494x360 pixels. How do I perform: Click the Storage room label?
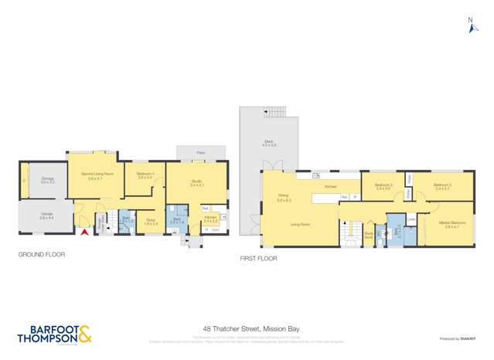[47, 181]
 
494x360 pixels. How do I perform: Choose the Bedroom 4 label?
[145, 175]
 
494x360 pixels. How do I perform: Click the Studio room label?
[197, 183]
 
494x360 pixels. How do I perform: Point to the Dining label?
[283, 196]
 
